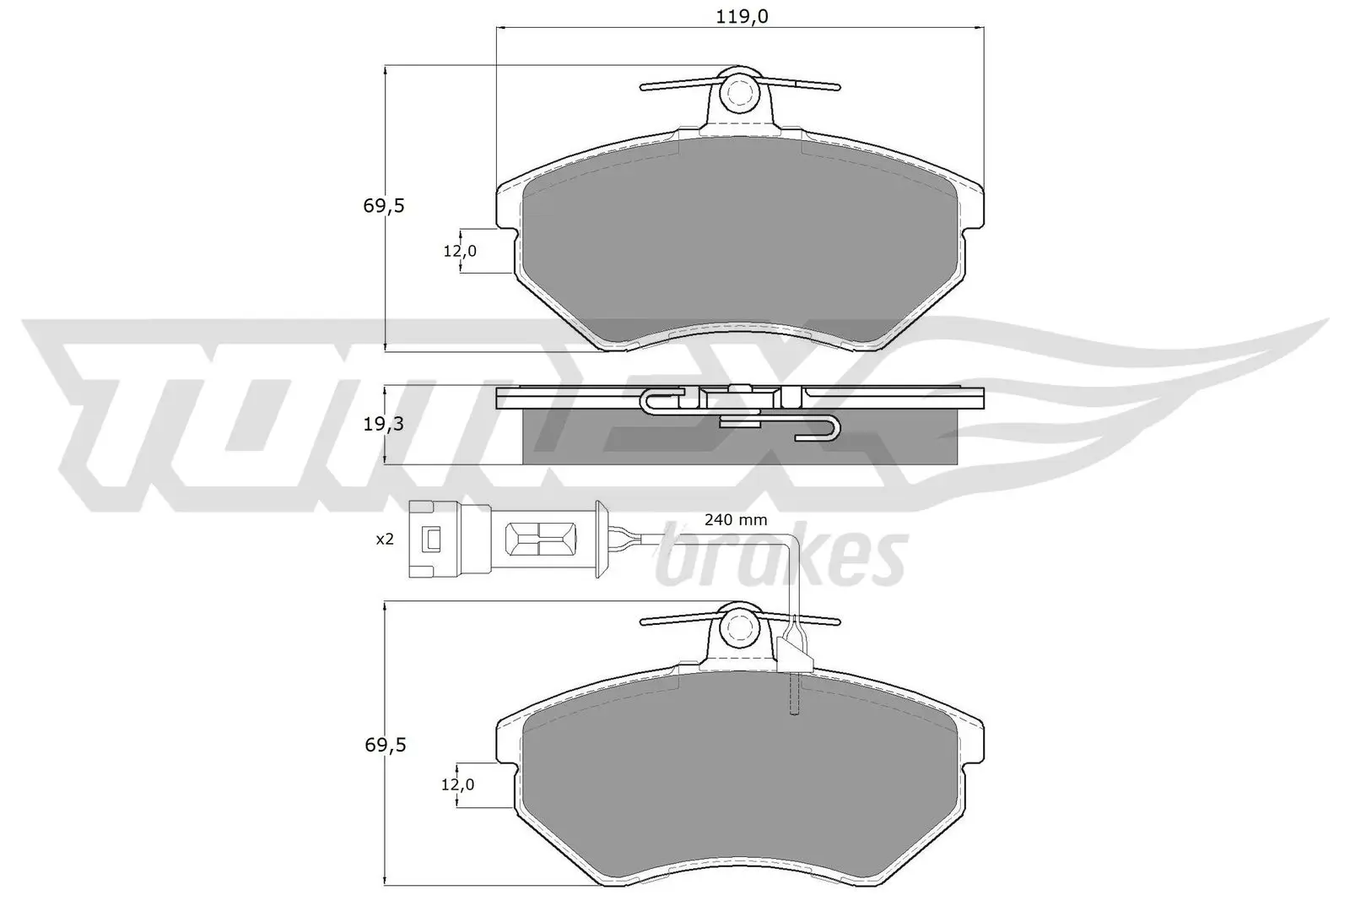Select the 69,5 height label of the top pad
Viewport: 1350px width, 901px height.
pos(385,205)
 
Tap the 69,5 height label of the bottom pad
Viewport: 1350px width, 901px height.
pos(385,745)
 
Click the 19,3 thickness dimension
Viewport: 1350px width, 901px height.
pos(385,424)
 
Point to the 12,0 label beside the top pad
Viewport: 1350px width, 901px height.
pos(460,251)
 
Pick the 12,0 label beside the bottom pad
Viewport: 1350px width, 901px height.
pos(458,784)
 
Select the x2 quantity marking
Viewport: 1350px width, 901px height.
pos(385,539)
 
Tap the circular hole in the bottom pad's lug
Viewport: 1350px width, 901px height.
pos(740,627)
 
